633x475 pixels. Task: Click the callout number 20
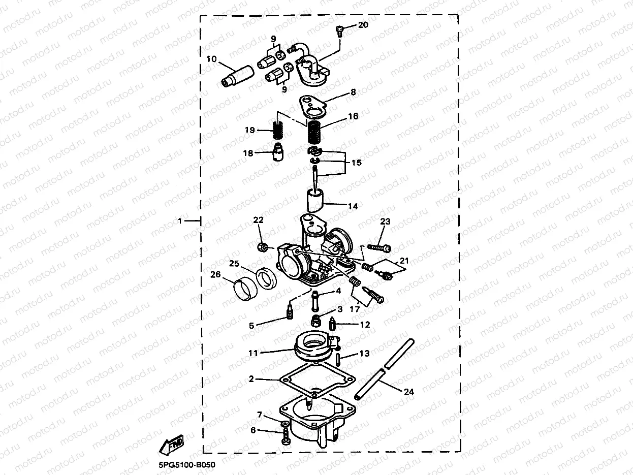pyautogui.click(x=363, y=25)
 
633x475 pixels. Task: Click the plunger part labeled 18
pyautogui.click(x=277, y=152)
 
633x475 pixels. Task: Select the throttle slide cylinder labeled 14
pyautogui.click(x=315, y=201)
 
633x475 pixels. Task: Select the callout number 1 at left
pyautogui.click(x=180, y=221)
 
